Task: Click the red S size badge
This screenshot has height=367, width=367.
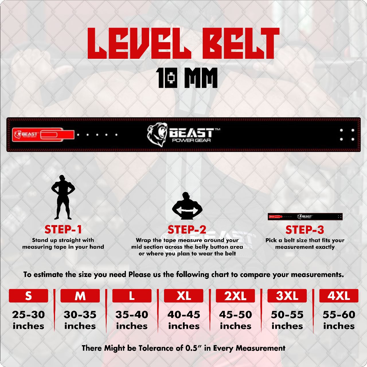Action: click(28, 296)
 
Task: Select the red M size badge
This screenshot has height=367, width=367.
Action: click(80, 296)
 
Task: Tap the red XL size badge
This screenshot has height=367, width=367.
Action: click(183, 296)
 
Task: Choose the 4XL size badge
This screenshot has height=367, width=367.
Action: click(339, 296)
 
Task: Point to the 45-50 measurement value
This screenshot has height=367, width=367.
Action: click(235, 315)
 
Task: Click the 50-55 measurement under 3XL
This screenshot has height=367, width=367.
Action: click(287, 315)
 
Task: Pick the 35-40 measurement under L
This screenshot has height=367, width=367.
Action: click(132, 315)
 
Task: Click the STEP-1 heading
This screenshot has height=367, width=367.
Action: click(63, 229)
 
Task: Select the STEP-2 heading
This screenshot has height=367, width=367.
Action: click(187, 230)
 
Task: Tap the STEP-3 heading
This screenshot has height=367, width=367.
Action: click(304, 230)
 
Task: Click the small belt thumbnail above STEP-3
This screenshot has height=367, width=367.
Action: click(305, 217)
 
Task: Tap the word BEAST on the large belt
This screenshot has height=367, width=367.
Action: click(191, 133)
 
